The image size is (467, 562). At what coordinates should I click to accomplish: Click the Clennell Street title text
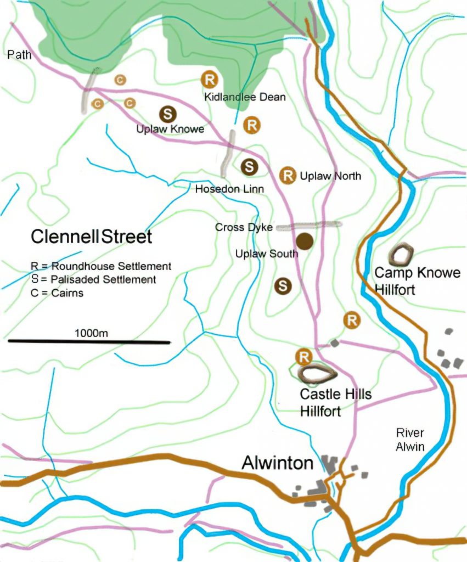point(91,238)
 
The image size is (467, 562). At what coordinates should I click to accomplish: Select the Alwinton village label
point(278,464)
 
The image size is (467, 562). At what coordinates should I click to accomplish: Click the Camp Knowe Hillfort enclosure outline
point(403,254)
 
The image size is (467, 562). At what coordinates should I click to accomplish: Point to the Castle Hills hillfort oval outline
point(318,374)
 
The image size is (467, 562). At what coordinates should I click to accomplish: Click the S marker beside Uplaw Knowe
point(168,114)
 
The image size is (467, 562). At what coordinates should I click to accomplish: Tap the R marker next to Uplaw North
point(288,176)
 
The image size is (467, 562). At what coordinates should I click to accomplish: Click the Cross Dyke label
point(244,227)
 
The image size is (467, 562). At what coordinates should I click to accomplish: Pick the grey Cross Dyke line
point(309,225)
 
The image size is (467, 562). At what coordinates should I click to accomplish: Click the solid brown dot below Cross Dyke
point(305,241)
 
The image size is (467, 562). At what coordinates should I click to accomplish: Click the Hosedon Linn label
point(230,189)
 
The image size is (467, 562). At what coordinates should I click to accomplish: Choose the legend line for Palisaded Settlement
point(93,279)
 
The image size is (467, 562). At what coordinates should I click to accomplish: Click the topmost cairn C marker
point(120,80)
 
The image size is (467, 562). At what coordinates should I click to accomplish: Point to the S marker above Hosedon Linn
point(249,166)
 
